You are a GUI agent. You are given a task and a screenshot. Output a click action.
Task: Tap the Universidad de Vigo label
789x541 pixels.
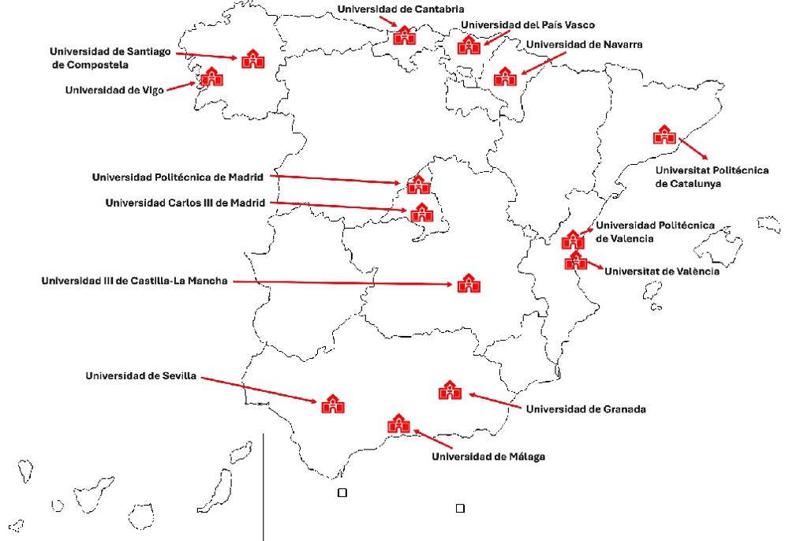point(114,90)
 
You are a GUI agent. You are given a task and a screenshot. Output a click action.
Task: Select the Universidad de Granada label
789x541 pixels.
point(585,409)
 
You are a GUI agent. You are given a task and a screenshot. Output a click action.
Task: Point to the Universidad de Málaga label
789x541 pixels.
point(488,456)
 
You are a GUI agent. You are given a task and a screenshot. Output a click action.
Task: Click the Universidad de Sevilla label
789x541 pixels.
point(140,376)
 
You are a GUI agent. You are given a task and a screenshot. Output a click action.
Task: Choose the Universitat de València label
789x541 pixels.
point(661,270)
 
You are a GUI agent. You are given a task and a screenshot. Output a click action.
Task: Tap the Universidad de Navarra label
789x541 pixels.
point(584,45)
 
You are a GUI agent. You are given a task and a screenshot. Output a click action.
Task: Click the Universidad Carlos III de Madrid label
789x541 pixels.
point(185,203)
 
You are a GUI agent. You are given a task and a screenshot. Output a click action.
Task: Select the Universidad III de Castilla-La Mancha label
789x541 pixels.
point(134,280)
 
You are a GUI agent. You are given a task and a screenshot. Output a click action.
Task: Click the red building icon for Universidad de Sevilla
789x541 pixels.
point(331,403)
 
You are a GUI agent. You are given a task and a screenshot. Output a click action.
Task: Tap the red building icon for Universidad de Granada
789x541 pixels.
point(449,390)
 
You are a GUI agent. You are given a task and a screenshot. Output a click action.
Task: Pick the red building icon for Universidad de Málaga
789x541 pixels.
point(398,423)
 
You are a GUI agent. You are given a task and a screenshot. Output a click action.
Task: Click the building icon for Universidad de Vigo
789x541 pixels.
point(211,77)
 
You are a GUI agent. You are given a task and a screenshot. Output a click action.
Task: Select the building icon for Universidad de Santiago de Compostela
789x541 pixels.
point(253,58)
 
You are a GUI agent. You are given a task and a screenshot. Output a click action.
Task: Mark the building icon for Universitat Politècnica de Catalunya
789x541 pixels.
point(664,135)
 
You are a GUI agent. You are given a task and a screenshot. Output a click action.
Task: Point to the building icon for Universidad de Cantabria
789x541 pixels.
point(405,35)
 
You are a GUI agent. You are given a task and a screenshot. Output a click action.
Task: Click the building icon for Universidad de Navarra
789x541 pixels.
point(504,76)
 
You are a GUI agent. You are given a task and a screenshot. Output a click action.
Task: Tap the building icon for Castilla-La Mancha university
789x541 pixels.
point(467,283)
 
